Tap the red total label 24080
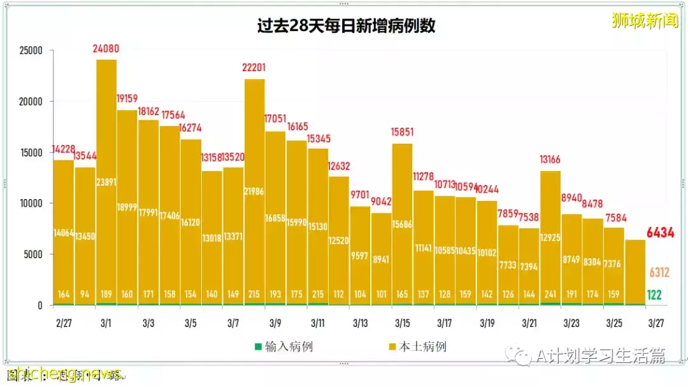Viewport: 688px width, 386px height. [x=106, y=49]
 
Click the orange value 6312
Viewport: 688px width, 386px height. [x=659, y=272]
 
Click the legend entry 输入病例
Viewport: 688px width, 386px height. [x=284, y=347]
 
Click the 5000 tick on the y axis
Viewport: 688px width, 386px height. [x=32, y=254]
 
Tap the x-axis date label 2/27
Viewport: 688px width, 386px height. [x=63, y=323]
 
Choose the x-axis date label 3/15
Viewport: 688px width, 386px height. [x=402, y=323]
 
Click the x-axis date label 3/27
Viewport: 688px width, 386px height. [x=656, y=323]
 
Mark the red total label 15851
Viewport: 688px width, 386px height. [x=403, y=132]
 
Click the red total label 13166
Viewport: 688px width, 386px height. [x=550, y=160]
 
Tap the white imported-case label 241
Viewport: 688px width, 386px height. [x=550, y=294]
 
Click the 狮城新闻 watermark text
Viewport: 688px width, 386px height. [x=645, y=20]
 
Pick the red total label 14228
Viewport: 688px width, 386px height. [x=63, y=149]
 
